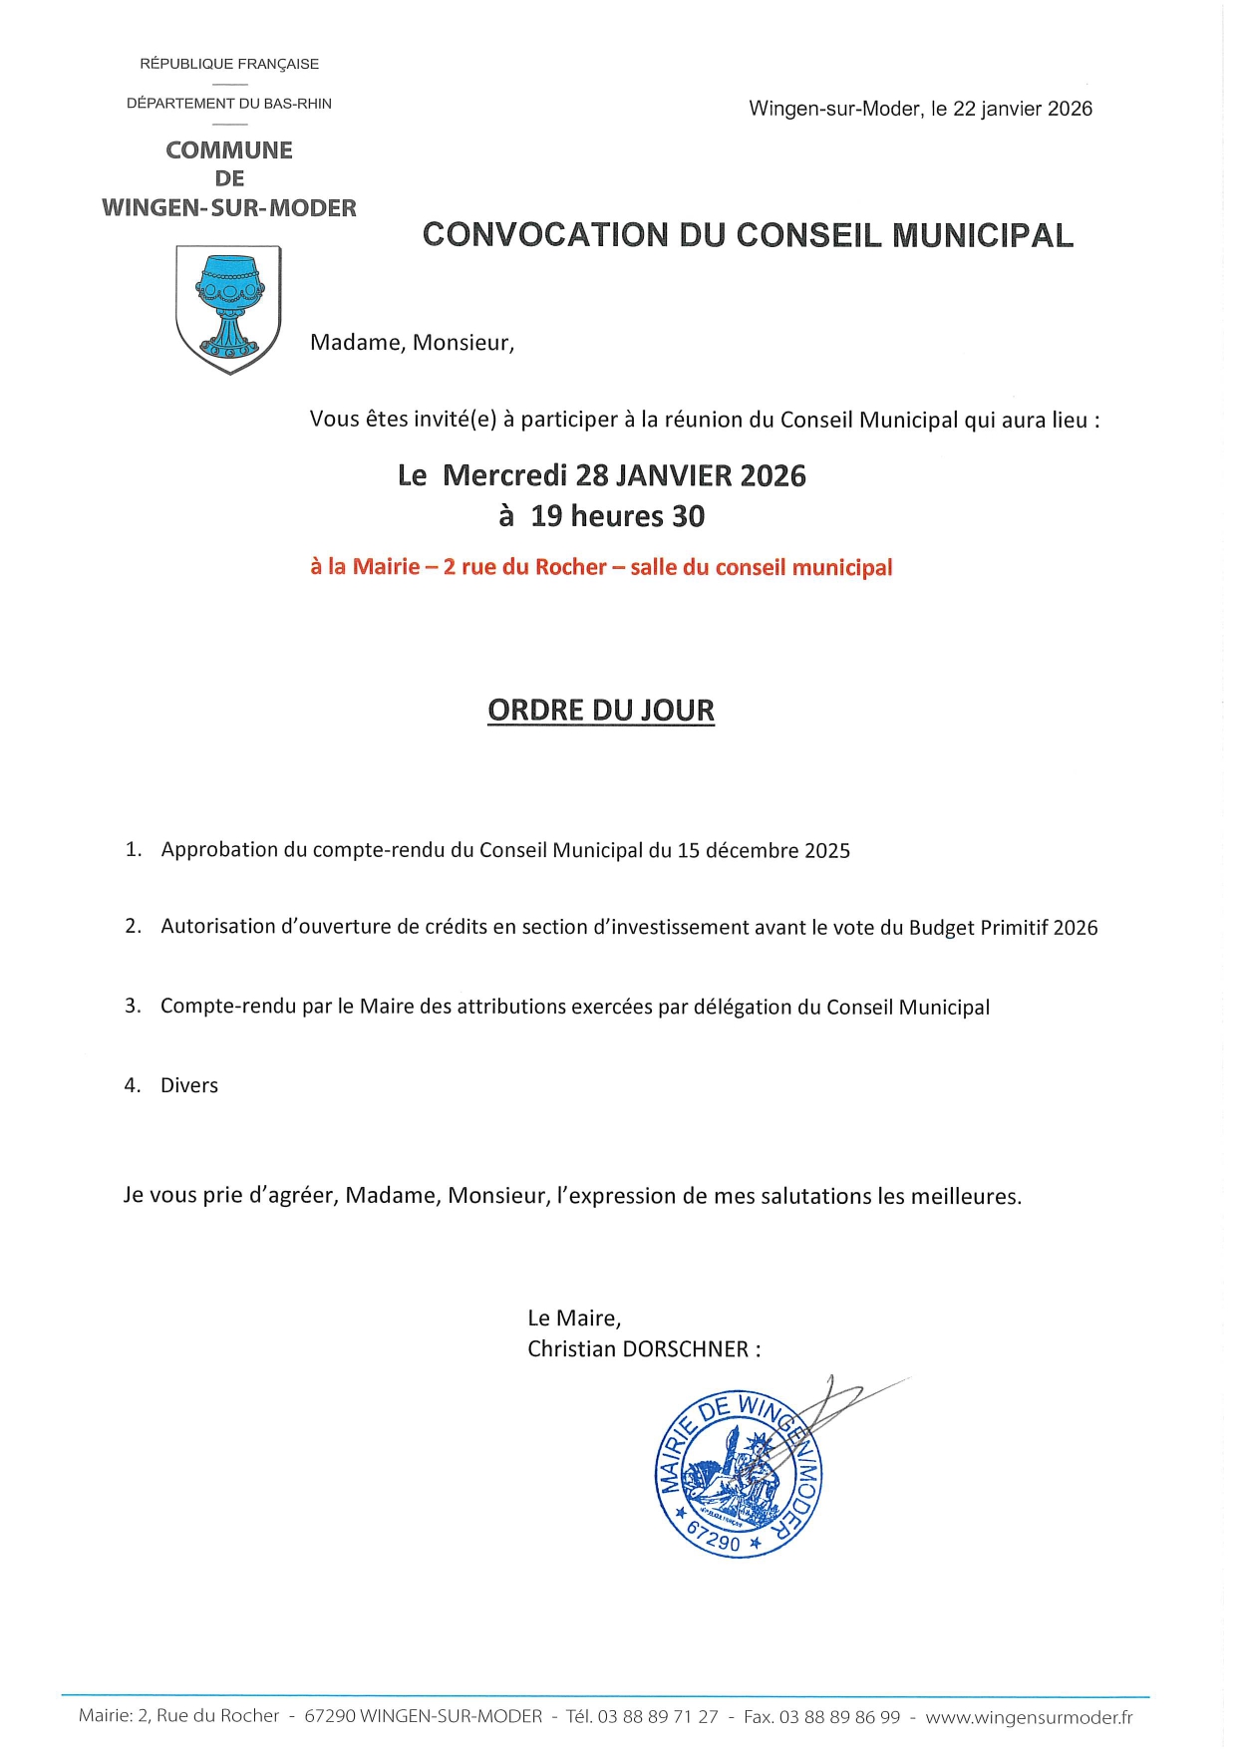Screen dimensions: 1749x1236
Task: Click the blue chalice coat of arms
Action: [x=228, y=308]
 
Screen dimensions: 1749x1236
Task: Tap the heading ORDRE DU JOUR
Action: [x=601, y=711]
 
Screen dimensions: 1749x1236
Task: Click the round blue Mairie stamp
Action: [x=739, y=1474]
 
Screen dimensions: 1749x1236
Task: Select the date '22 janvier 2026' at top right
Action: [x=1022, y=109]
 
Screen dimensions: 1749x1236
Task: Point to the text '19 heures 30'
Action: [x=617, y=516]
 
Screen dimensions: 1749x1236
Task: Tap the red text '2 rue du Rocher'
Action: [x=524, y=567]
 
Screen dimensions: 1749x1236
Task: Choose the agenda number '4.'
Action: [x=133, y=1085]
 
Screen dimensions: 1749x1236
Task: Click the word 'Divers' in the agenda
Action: [x=189, y=1085]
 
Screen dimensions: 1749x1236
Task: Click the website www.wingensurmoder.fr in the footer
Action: [x=1029, y=1717]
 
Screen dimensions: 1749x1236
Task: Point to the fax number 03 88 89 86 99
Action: [x=839, y=1717]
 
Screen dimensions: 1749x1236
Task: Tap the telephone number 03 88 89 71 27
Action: [x=658, y=1717]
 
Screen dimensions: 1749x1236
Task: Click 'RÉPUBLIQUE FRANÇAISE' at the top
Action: [x=229, y=64]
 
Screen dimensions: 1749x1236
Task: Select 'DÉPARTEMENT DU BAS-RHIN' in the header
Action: [x=229, y=104]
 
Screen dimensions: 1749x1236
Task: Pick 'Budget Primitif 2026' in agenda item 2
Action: [x=1003, y=928]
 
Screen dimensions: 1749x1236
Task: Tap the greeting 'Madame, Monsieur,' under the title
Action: [x=412, y=343]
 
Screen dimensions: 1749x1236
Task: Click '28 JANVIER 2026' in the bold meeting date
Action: [x=691, y=475]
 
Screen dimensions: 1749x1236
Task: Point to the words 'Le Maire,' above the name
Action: [x=574, y=1318]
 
